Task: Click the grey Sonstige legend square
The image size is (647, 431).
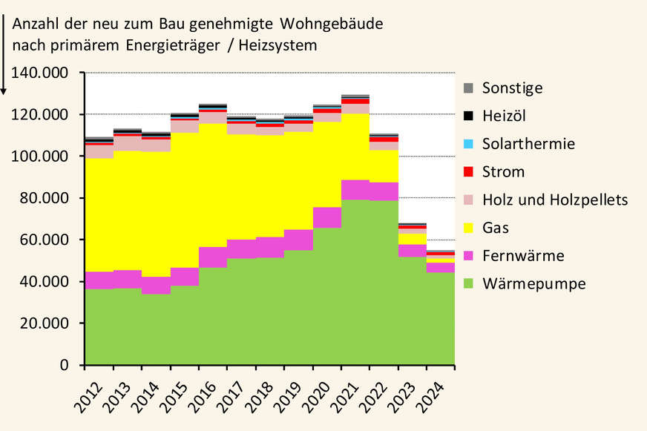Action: (467, 88)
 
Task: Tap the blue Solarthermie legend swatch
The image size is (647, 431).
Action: (467, 144)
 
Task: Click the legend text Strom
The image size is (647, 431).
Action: (503, 172)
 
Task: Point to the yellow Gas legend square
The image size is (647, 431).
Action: (467, 228)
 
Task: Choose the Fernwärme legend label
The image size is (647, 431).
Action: (523, 256)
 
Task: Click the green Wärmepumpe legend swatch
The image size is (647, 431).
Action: (467, 283)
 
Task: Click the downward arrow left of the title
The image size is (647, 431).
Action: (4, 52)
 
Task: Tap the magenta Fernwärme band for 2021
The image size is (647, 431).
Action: (355, 190)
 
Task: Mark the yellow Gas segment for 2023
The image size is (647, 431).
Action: (413, 239)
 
